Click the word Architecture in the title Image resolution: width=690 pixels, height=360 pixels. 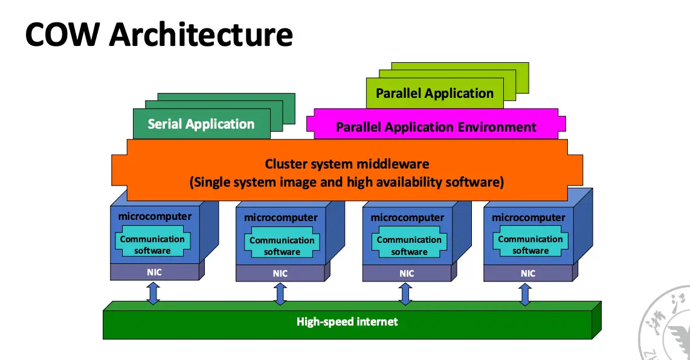click(201, 35)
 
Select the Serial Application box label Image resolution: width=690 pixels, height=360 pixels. click(201, 124)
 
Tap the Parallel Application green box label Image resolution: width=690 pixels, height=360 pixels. click(434, 94)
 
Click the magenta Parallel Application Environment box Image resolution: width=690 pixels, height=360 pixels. click(436, 127)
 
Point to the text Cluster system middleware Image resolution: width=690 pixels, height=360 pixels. click(347, 164)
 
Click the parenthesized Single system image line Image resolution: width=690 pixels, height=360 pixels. click(347, 182)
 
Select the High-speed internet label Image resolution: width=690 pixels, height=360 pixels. click(347, 321)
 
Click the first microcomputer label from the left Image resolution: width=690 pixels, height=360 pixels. click(155, 216)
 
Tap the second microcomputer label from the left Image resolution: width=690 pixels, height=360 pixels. click(280, 217)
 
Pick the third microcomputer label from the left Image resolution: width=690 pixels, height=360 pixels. click(407, 217)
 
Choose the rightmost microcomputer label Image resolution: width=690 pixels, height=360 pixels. click(529, 217)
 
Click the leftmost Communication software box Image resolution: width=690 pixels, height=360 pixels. click(153, 245)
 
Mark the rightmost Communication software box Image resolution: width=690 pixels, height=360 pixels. click(530, 245)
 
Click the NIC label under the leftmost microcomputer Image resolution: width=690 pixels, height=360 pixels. click(154, 272)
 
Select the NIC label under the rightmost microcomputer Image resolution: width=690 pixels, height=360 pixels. click(528, 274)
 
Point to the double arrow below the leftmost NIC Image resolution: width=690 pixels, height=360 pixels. click(153, 292)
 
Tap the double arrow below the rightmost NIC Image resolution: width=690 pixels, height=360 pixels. click(525, 294)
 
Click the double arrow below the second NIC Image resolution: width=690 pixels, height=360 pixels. click(280, 294)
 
